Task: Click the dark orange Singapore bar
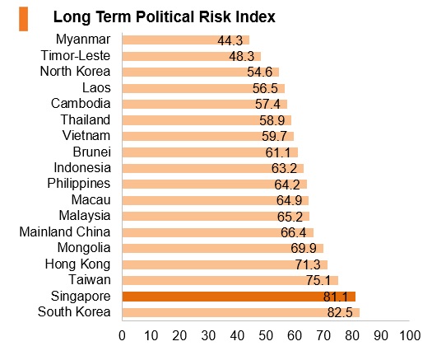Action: (239, 297)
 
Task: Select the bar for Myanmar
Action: (186, 40)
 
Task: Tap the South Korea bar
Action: (241, 312)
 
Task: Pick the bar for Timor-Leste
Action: (192, 56)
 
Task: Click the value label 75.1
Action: (318, 280)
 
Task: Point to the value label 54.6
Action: (260, 72)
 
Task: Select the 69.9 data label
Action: (304, 248)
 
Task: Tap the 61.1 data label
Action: (278, 152)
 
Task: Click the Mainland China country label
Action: (65, 231)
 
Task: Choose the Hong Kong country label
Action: (77, 264)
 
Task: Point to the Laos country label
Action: (96, 87)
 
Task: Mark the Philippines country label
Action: (79, 184)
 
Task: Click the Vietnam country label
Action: (86, 135)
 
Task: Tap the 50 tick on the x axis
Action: (266, 336)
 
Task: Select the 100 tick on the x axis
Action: (410, 336)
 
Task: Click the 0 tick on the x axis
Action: (122, 336)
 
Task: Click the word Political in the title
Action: (165, 16)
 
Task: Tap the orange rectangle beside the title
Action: (23, 19)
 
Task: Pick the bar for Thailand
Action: (207, 120)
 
